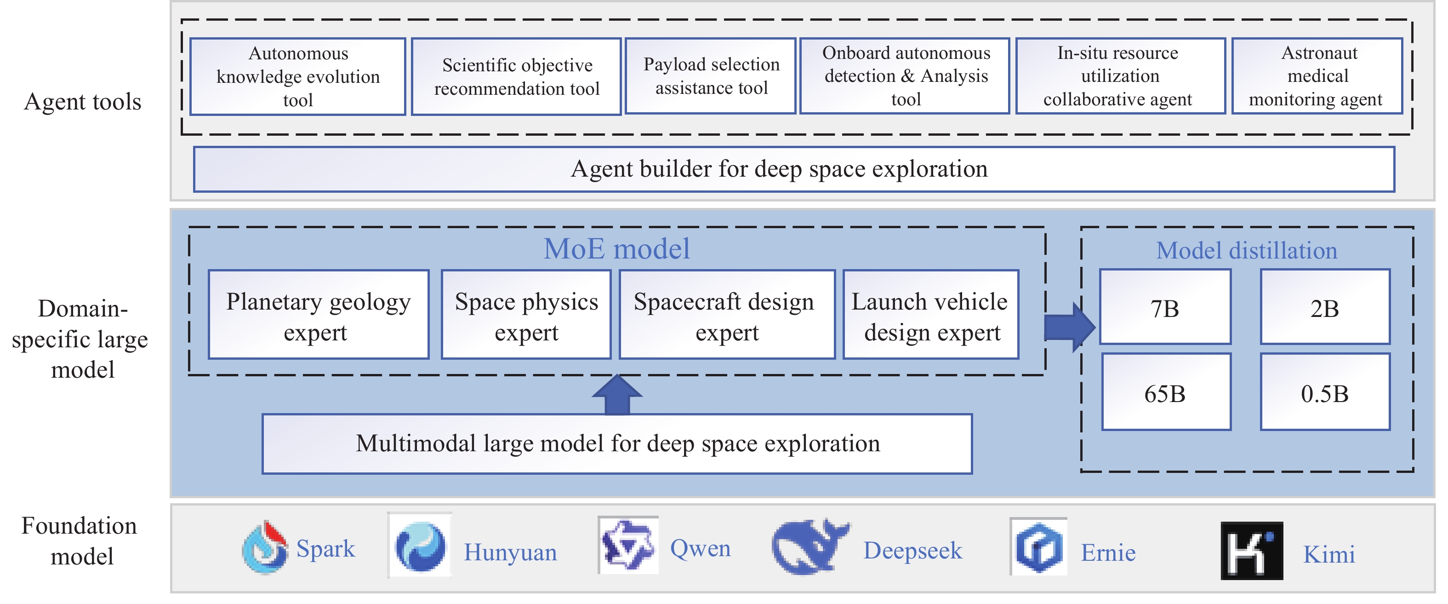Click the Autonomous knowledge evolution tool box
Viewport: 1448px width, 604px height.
click(297, 76)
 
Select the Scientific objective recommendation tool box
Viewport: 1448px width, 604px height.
click(516, 76)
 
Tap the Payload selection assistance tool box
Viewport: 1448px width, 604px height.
click(711, 76)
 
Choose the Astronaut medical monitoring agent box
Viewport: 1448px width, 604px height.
click(1317, 76)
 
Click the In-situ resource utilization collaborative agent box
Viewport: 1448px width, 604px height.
click(1120, 76)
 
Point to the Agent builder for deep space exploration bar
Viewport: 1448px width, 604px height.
click(794, 169)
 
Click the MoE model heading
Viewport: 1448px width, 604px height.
click(616, 248)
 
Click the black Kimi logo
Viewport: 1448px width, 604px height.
click(1251, 551)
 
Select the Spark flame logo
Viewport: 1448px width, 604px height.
click(265, 547)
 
